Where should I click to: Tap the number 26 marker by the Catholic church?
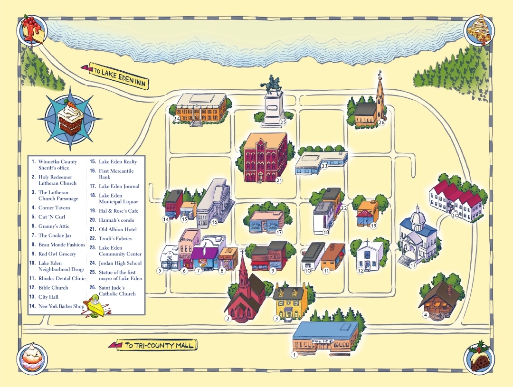381,123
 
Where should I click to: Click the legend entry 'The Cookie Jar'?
55,236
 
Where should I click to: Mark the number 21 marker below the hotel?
279,180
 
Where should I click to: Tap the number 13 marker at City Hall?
413,265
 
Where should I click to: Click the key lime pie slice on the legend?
97,304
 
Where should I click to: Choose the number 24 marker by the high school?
176,119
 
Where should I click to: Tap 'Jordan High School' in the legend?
120,263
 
